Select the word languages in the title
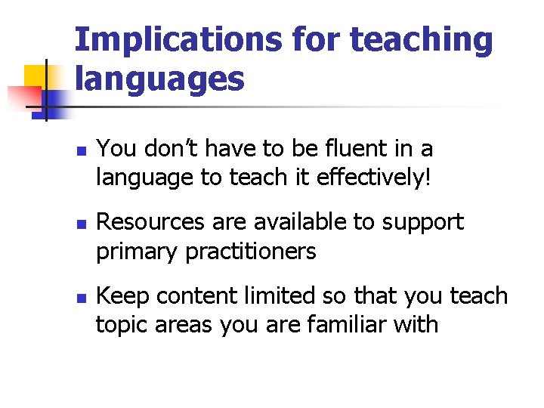[159, 79]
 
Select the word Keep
[121, 296]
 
